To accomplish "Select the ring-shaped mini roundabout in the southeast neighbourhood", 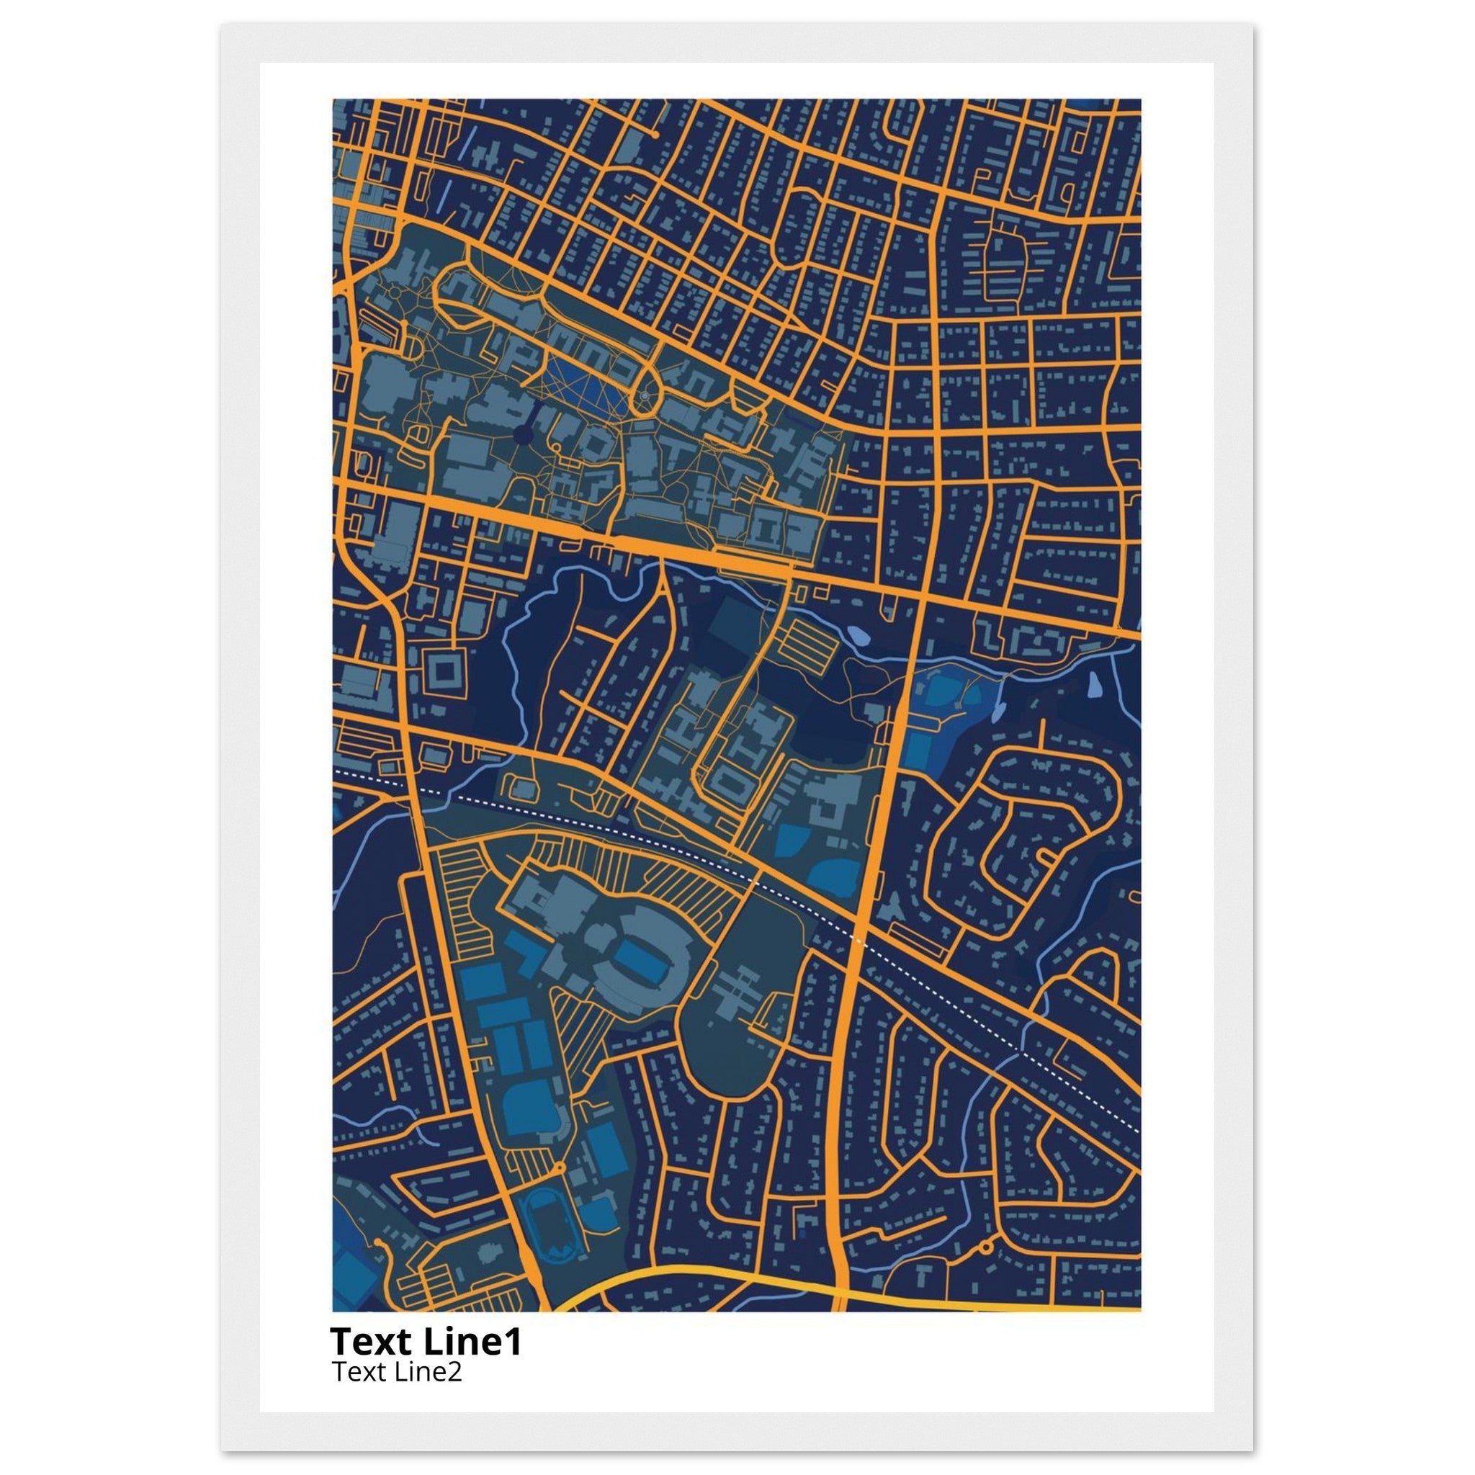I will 985,1247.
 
